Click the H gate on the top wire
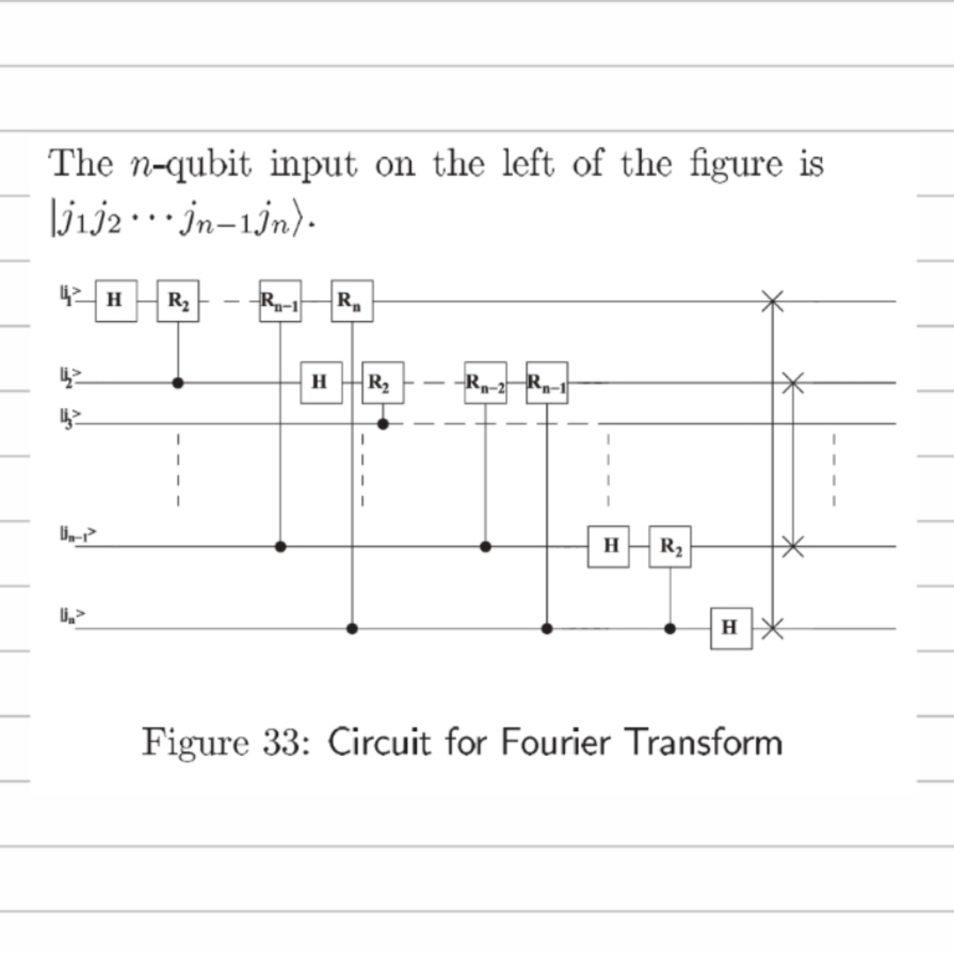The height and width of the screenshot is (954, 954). pyautogui.click(x=116, y=301)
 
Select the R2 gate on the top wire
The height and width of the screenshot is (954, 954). pyautogui.click(x=178, y=301)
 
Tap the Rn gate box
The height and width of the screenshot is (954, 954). pyautogui.click(x=352, y=301)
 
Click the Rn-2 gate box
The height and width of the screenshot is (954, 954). pyautogui.click(x=486, y=383)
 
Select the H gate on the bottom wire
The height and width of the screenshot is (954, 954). pyautogui.click(x=731, y=628)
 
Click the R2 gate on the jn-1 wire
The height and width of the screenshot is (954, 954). pyautogui.click(x=670, y=546)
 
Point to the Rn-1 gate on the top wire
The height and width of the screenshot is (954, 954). pyautogui.click(x=280, y=301)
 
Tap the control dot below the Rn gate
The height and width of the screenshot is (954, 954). pyautogui.click(x=352, y=629)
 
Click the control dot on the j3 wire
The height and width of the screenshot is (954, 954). pyautogui.click(x=383, y=424)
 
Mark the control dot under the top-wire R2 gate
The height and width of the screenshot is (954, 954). pyautogui.click(x=178, y=383)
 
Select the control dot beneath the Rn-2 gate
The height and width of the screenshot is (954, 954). pyautogui.click(x=486, y=547)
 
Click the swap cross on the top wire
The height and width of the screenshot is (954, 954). pyautogui.click(x=772, y=301)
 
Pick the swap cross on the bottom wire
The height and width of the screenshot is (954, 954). pyautogui.click(x=772, y=629)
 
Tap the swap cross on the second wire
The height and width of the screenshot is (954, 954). pyautogui.click(x=792, y=383)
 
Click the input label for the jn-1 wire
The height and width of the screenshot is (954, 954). pyautogui.click(x=77, y=533)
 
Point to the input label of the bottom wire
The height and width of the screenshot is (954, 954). pyautogui.click(x=72, y=614)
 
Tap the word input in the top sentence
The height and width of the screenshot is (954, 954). pyautogui.click(x=313, y=164)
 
